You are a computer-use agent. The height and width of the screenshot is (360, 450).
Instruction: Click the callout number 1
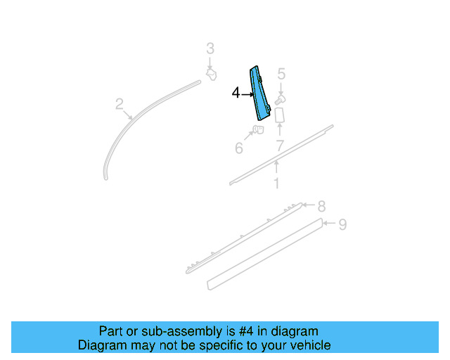(276, 184)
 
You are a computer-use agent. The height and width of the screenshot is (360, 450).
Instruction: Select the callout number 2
(120, 105)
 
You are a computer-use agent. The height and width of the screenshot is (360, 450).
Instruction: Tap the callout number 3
(210, 49)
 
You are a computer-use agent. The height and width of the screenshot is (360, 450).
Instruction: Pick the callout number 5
(281, 74)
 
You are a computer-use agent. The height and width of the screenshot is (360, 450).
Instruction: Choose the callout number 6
(239, 148)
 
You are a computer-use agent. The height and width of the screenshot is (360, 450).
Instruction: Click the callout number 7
(279, 146)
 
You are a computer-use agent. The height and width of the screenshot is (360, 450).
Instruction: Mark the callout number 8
(321, 206)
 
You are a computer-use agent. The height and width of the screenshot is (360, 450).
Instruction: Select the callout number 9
(342, 224)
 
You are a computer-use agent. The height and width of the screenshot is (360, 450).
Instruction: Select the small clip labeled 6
(257, 131)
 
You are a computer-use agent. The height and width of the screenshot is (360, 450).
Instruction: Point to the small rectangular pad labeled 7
(278, 115)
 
